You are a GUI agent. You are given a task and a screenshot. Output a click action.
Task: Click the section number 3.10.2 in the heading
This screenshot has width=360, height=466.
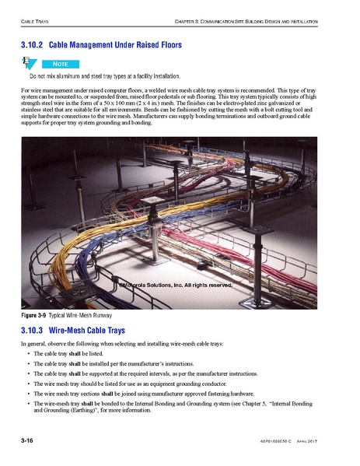[33, 46]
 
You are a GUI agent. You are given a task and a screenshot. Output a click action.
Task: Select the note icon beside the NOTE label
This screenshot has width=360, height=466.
[27, 62]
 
